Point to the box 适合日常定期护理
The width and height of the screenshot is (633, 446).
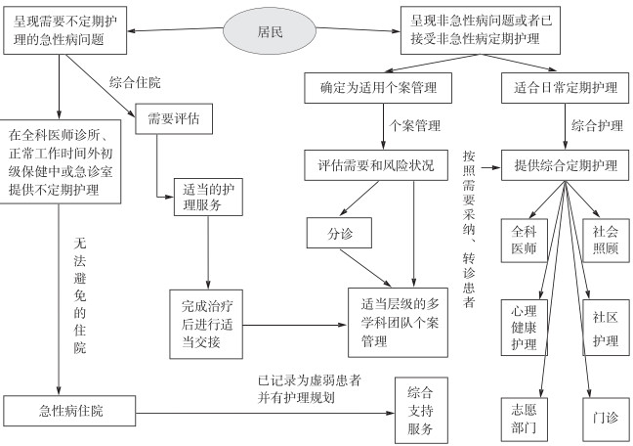pos(564,88)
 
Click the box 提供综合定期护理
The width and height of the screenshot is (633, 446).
pos(564,162)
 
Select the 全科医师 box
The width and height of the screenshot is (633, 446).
pos(525,241)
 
